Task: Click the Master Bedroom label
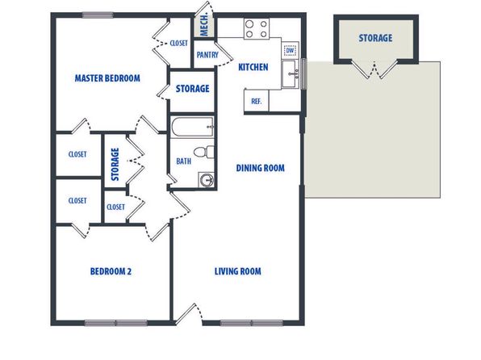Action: pyautogui.click(x=107, y=78)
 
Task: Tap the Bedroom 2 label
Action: pyautogui.click(x=111, y=271)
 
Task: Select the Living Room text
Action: pyautogui.click(x=238, y=271)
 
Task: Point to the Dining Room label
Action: pyautogui.click(x=260, y=168)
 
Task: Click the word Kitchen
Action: pyautogui.click(x=253, y=67)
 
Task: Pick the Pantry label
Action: pyautogui.click(x=207, y=55)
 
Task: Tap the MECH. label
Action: pyautogui.click(x=204, y=24)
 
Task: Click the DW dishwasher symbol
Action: pyautogui.click(x=290, y=50)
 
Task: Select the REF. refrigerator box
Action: pyautogui.click(x=257, y=101)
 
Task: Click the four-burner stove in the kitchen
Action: pyautogui.click(x=257, y=28)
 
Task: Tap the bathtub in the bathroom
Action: pyautogui.click(x=192, y=127)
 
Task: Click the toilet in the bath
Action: pyautogui.click(x=203, y=152)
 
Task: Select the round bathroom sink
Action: pyautogui.click(x=206, y=180)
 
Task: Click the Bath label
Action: pyautogui.click(x=183, y=161)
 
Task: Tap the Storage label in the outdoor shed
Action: pyautogui.click(x=375, y=38)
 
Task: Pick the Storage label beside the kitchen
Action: pyautogui.click(x=192, y=89)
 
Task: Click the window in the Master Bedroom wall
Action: pyautogui.click(x=98, y=15)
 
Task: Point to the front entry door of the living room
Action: pyautogui.click(x=188, y=314)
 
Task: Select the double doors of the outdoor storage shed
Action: pyautogui.click(x=374, y=69)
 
